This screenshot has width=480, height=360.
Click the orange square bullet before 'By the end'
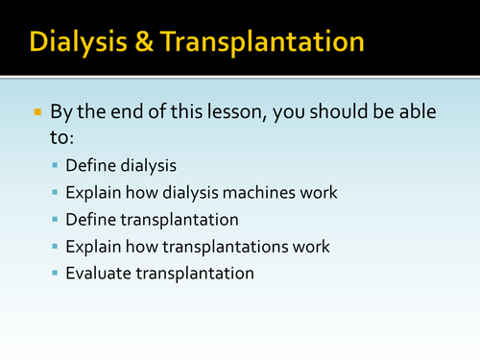click(x=37, y=113)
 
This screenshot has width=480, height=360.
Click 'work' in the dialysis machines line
click(x=319, y=192)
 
